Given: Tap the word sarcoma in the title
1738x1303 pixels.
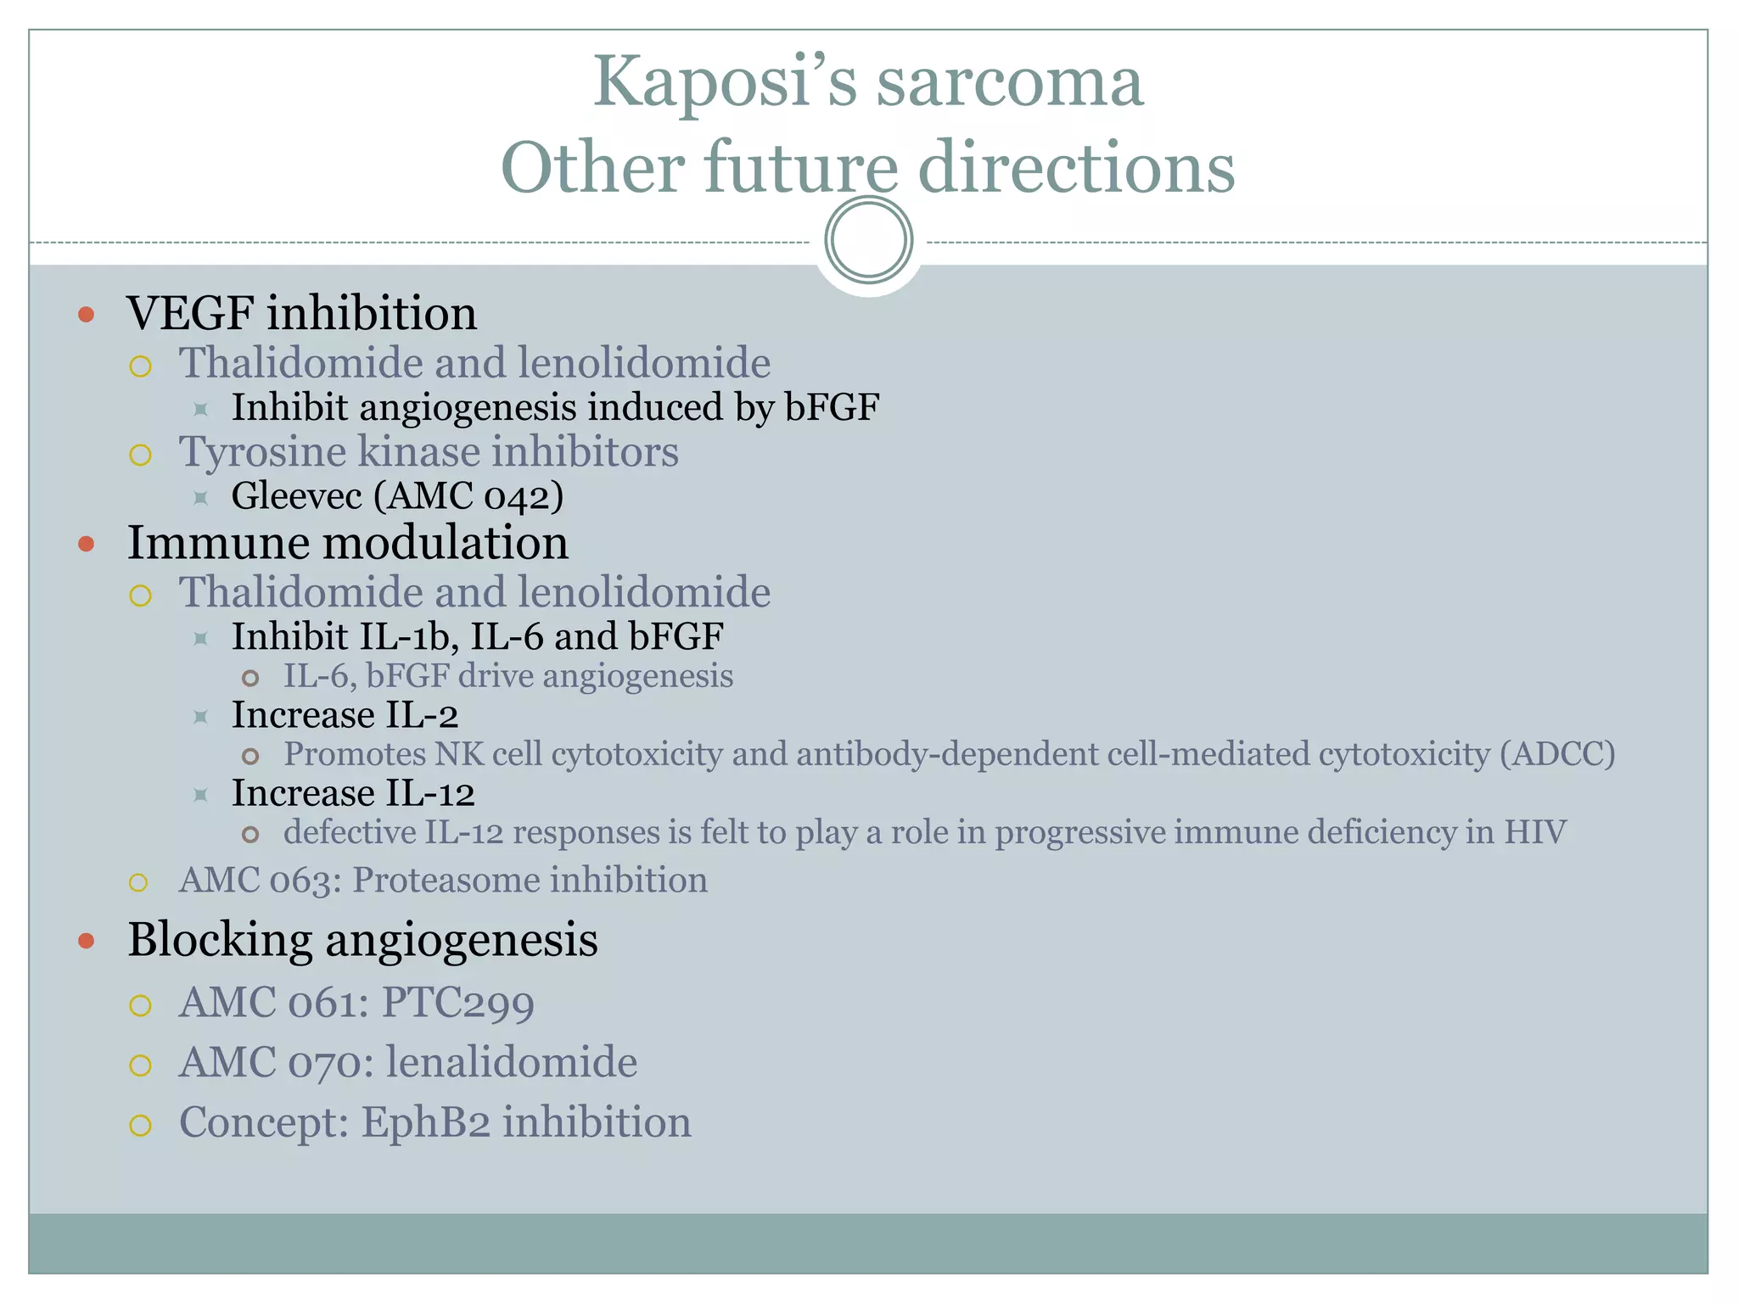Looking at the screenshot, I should [1010, 82].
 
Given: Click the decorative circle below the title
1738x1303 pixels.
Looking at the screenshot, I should [868, 240].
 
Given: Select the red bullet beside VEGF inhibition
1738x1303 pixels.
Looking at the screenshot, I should [86, 316].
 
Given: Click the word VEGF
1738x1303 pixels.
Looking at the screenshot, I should [190, 313].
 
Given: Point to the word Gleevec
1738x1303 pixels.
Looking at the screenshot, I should [296, 495].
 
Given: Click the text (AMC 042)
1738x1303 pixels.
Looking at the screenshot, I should [468, 496].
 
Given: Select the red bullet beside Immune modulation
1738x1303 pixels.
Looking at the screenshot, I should [86, 544].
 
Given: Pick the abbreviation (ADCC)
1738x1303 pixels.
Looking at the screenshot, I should [1557, 754].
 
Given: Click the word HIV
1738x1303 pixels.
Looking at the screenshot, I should [1535, 832].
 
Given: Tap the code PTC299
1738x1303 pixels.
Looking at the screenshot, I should [458, 1004].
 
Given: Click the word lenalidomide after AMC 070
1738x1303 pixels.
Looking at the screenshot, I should [512, 1063].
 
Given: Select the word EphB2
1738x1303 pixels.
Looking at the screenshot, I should [426, 1122].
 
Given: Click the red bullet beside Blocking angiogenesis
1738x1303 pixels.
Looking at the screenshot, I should [86, 941].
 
